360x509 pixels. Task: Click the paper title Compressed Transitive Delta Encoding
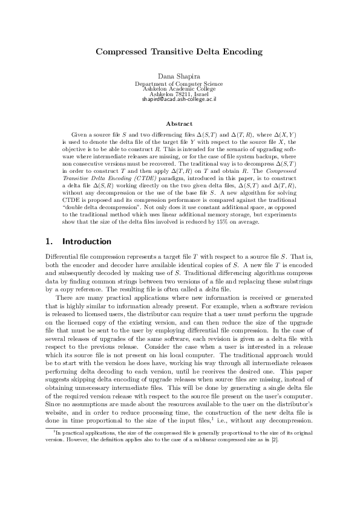[179, 52]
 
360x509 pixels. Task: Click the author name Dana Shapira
[179, 75]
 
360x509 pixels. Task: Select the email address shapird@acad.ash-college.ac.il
[179, 98]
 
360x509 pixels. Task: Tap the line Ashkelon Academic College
[179, 88]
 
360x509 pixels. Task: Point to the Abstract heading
[179, 123]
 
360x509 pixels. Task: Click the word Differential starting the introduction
[62, 256]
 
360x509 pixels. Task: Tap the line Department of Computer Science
[179, 83]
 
